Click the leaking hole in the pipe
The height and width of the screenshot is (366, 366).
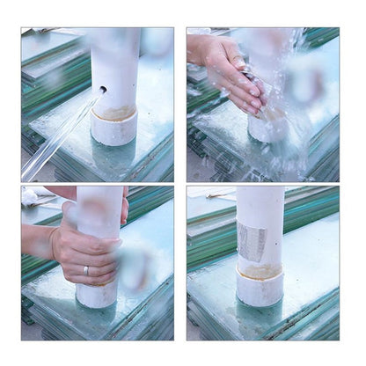point(102,89)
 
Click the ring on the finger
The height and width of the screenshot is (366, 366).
point(85,271)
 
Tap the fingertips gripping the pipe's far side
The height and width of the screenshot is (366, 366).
point(124,210)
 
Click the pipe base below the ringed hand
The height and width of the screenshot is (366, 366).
point(97,294)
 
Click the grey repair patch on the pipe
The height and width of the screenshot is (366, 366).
point(252,240)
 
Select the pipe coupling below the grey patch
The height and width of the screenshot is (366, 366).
point(260,289)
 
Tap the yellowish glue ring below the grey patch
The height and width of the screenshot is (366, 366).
point(260,272)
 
